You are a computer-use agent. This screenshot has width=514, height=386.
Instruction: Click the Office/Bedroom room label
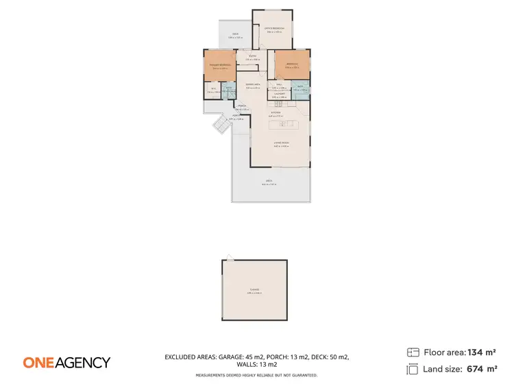click(273, 29)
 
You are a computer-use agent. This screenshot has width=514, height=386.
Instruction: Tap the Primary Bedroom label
click(219, 65)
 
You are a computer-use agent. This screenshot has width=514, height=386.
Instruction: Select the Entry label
click(253, 57)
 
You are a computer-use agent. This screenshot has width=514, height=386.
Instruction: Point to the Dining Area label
click(253, 85)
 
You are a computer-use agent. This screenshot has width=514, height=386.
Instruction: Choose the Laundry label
click(280, 95)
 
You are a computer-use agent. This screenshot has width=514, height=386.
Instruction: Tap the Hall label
click(280, 85)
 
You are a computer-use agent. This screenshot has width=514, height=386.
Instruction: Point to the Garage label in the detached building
click(254, 291)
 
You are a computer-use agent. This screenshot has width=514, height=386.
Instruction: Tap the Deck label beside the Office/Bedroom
click(235, 35)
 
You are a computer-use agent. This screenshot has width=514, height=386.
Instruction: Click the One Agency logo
click(66, 363)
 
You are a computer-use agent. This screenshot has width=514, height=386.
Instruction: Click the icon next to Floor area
click(413, 352)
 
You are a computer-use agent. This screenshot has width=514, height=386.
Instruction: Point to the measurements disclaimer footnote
click(256, 375)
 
